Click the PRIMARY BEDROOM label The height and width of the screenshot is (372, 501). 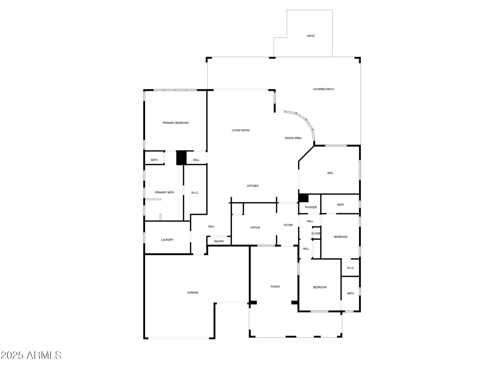point(176,123)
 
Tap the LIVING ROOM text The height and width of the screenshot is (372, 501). point(240,130)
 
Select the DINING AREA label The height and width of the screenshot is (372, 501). point(293,138)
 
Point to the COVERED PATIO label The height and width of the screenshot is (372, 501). point(323,89)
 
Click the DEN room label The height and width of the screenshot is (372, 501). point(330,173)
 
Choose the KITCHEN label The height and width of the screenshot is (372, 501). point(253,186)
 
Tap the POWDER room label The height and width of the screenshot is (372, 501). point(311,207)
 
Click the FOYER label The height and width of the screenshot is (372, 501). point(288,225)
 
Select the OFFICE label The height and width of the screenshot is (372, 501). point(255,228)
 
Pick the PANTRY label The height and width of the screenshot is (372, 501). point(219,241)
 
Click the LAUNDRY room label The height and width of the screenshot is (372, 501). point(167,240)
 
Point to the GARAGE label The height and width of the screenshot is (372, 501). point(193,293)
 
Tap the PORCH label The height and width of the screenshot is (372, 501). point(275,287)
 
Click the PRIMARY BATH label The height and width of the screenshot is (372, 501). point(164,193)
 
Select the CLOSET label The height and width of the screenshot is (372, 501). point(316,234)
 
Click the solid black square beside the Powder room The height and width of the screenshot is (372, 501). point(303,198)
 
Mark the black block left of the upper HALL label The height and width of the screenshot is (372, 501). point(181,158)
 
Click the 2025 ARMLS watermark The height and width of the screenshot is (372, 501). point(31,355)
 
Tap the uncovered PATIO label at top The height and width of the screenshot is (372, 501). point(311,36)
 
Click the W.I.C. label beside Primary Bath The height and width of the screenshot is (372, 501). point(195,193)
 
